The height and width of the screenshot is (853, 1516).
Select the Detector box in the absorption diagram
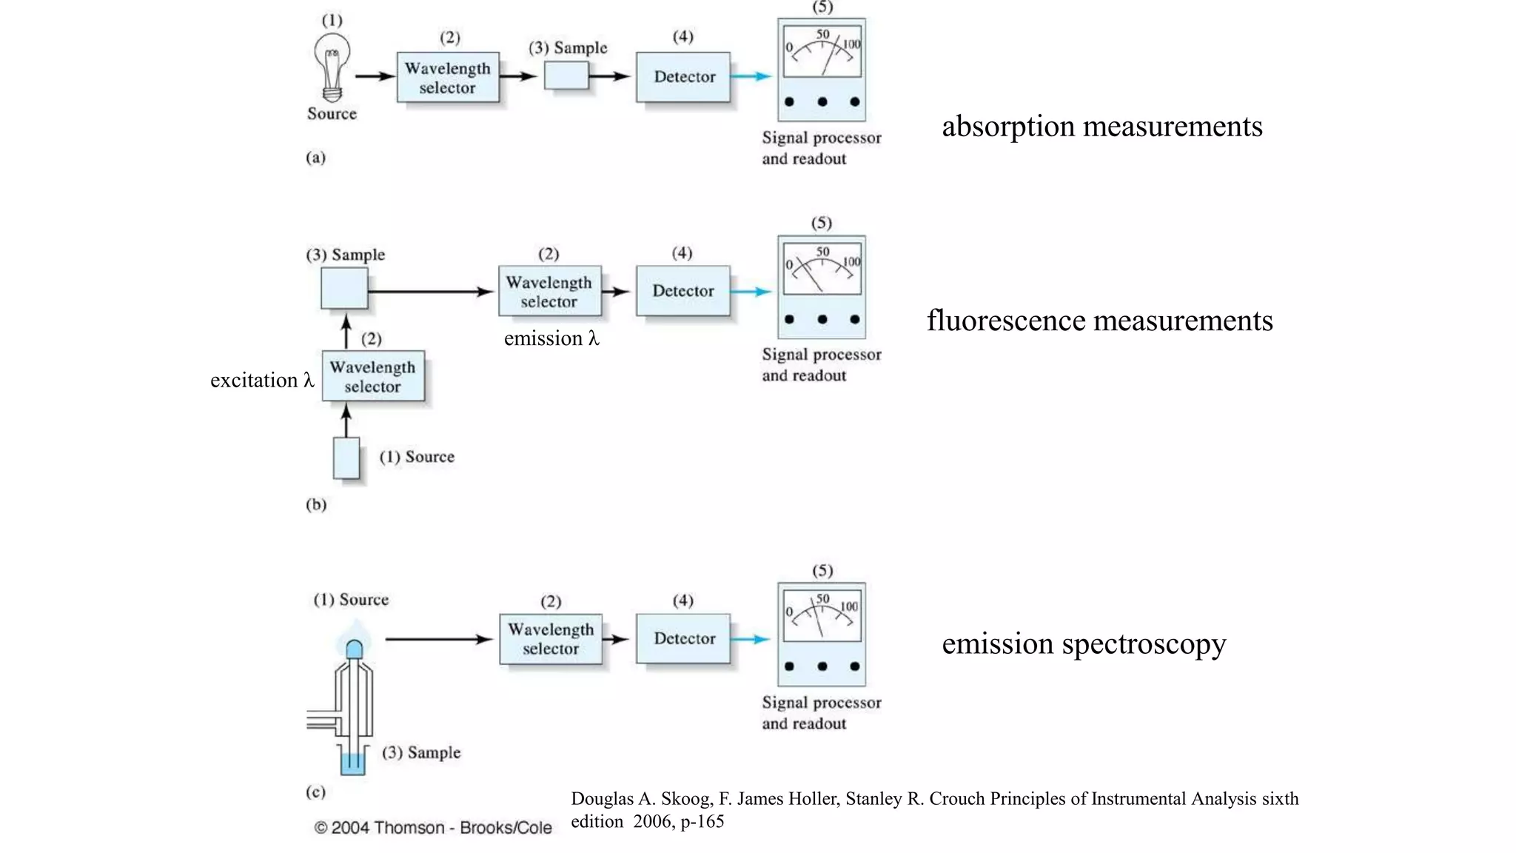tap(683, 77)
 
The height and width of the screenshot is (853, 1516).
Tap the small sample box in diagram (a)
tap(566, 76)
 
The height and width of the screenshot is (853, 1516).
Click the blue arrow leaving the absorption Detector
tap(751, 76)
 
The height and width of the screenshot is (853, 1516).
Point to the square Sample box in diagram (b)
tap(344, 288)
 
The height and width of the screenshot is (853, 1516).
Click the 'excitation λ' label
tap(262, 380)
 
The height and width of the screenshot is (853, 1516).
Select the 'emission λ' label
tap(551, 338)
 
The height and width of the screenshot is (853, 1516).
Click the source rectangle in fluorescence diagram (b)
tap(346, 458)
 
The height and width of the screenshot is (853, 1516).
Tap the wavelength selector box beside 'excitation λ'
tap(373, 376)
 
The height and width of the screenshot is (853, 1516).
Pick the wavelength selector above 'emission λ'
tap(549, 291)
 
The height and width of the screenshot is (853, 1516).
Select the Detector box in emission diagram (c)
tap(683, 638)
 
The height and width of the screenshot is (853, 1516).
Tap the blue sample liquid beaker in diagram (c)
tap(353, 763)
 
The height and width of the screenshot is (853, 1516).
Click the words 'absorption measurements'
tap(1101, 127)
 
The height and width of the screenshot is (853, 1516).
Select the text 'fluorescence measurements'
tap(1099, 321)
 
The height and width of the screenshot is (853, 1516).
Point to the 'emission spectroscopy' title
tap(1083, 643)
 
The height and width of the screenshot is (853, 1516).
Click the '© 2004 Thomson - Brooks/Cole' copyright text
tap(433, 827)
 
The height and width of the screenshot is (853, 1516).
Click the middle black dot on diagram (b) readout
tap(822, 320)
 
